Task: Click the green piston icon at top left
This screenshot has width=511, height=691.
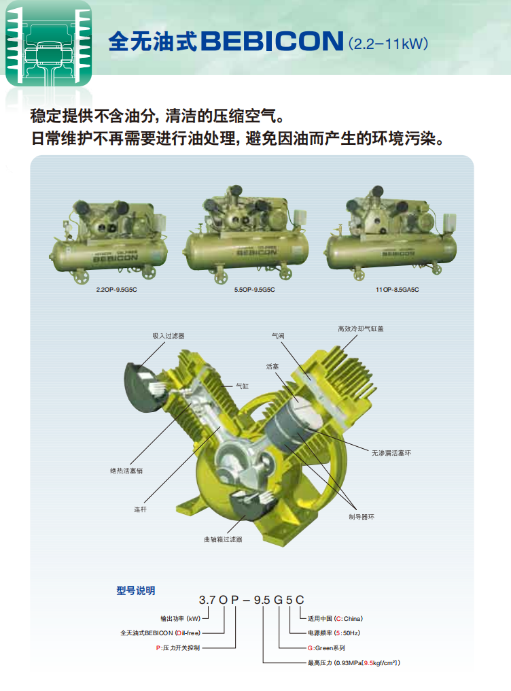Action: [x=48, y=44]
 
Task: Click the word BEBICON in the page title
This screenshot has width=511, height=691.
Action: [x=272, y=41]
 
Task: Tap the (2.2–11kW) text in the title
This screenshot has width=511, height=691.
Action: [x=388, y=44]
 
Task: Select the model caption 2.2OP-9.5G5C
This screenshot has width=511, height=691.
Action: [x=117, y=290]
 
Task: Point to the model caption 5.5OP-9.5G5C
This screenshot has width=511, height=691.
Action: [x=254, y=290]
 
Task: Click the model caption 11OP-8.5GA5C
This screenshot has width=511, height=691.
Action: [x=397, y=290]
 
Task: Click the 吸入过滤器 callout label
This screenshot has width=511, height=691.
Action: [x=169, y=336]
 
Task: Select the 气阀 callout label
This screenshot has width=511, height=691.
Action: [x=278, y=336]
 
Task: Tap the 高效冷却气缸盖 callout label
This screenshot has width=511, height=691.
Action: [x=360, y=328]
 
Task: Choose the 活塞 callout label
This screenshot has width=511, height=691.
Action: [x=272, y=367]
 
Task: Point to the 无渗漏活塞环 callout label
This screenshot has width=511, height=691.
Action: [x=391, y=453]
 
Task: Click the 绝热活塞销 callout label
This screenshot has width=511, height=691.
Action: [x=126, y=471]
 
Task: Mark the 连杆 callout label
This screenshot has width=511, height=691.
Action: [x=141, y=509]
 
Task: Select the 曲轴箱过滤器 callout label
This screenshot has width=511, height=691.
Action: [x=223, y=539]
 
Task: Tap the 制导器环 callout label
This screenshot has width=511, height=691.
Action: [x=362, y=517]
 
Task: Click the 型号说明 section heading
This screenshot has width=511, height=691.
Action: [x=135, y=591]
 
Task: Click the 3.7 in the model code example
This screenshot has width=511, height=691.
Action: [x=207, y=601]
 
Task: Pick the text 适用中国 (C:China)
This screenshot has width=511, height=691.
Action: [x=335, y=619]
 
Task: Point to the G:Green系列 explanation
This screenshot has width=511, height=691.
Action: [x=326, y=647]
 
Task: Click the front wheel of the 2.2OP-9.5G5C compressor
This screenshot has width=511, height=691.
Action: [x=82, y=276]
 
